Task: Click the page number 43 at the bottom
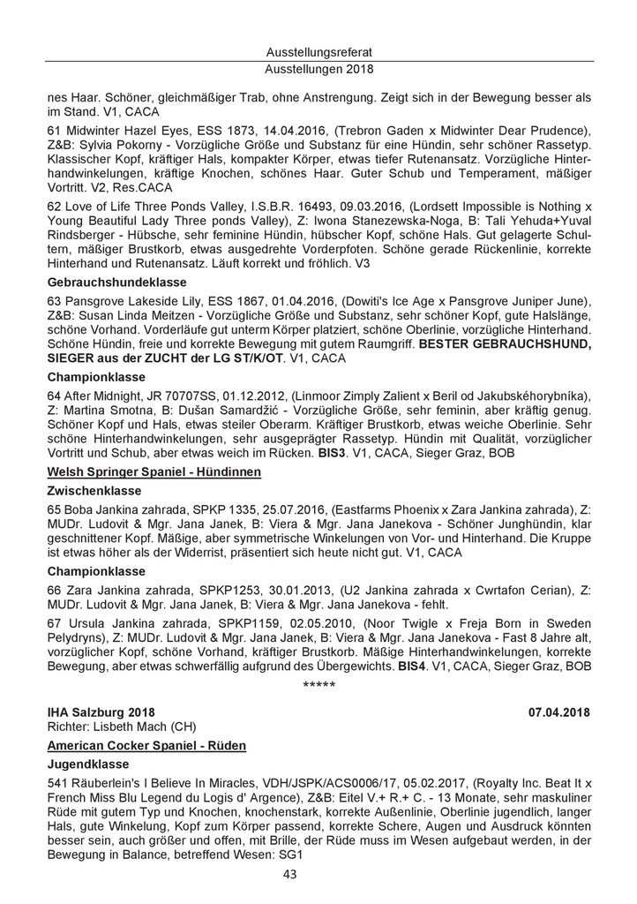coord(289,875)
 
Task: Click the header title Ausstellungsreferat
coord(318,53)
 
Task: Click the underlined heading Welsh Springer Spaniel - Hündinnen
coord(154,472)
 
